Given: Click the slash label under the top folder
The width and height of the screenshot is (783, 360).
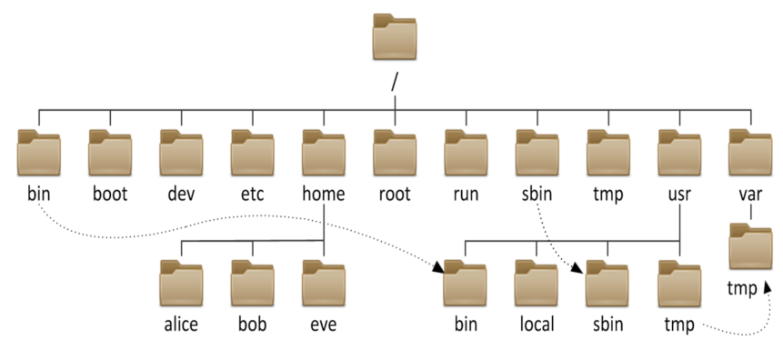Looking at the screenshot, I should [x=395, y=83].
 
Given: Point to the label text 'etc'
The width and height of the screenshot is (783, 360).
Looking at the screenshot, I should [x=253, y=194].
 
